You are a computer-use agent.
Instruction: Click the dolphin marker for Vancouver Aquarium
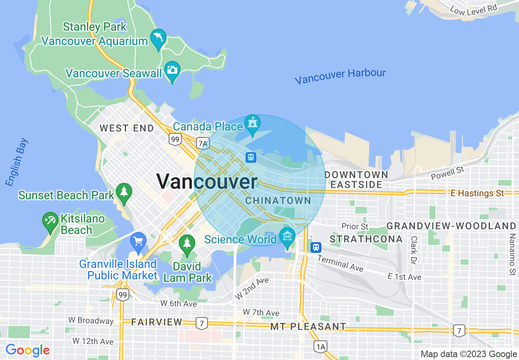pos(158,38)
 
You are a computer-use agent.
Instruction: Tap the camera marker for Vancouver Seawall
pos(172,70)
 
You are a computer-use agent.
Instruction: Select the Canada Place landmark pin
pos(252,123)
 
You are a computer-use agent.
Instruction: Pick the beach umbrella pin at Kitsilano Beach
pos(50,220)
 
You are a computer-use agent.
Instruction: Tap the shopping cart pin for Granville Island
pos(138,241)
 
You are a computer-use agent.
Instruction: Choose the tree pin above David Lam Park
pos(187,243)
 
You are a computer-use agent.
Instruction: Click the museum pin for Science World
pos(287,236)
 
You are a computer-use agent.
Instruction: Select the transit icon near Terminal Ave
pos(316,248)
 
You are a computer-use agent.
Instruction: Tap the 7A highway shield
pos(203,143)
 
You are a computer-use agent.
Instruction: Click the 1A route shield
pos(320,347)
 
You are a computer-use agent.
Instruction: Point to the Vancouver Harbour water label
pos(340,76)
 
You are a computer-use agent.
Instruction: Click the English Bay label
pos(17,162)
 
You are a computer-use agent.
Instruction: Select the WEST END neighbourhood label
pos(127,128)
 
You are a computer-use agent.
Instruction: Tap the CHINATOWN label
pos(278,201)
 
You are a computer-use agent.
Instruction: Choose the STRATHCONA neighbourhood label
pos(366,239)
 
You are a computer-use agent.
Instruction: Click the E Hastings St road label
pos(477,193)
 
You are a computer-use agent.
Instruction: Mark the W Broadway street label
pos(91,321)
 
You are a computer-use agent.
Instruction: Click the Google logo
pos(27,351)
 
